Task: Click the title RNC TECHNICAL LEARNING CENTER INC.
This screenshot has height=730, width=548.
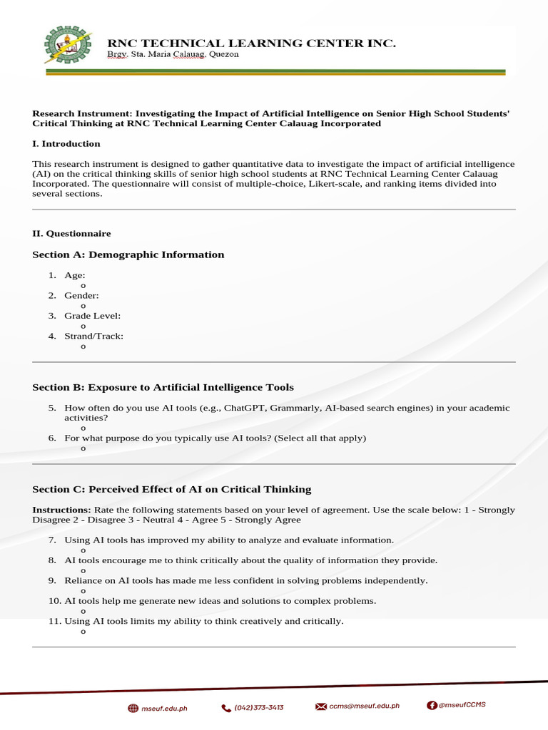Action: [x=251, y=43]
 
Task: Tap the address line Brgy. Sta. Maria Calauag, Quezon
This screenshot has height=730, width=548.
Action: [x=173, y=55]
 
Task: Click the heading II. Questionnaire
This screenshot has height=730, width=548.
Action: [x=71, y=233]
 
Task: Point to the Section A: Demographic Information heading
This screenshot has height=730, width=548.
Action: [x=128, y=255]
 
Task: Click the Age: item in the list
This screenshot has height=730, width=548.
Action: [x=75, y=275]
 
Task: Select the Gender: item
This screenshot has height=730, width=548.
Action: [x=81, y=295]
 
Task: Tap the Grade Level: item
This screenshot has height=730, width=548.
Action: [x=92, y=315]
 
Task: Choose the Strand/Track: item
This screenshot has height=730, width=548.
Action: [x=93, y=336]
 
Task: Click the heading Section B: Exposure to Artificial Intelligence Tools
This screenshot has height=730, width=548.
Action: [x=163, y=387]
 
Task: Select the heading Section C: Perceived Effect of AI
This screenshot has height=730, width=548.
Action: [x=172, y=489]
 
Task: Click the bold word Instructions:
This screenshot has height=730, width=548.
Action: [x=61, y=510]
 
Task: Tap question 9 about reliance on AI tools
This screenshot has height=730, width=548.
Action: [x=245, y=580]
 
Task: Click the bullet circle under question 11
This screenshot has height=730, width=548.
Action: [x=83, y=632]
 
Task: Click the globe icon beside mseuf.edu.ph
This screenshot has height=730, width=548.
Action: [x=133, y=708]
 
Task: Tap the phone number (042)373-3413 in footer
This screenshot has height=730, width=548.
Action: [x=258, y=707]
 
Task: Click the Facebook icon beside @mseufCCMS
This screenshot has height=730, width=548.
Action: [x=432, y=705]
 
